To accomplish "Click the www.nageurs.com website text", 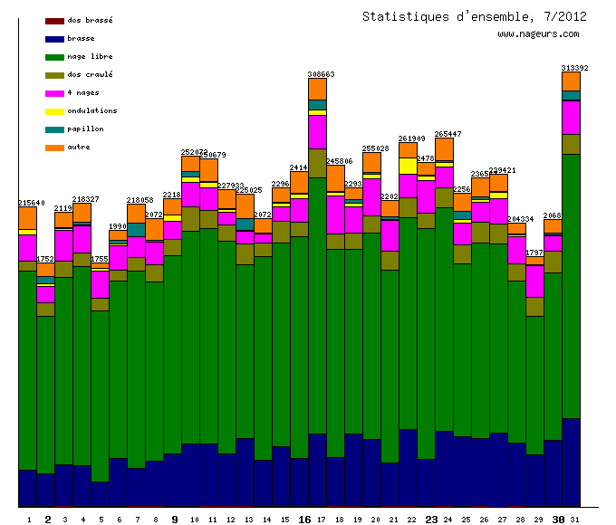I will [x=538, y=34].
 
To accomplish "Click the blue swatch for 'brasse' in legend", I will [x=54, y=39].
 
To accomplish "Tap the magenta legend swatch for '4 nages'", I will [x=54, y=93].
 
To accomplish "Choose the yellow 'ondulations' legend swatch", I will [x=54, y=111].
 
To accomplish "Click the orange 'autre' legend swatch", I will [x=54, y=148].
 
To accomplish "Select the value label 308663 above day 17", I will [x=321, y=74].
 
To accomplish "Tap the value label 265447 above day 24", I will [x=448, y=134].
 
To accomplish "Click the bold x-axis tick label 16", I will [x=304, y=520].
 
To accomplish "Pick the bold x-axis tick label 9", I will [x=174, y=520].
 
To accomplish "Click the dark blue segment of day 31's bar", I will [x=571, y=462].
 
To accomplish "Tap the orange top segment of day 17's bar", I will [x=317, y=89].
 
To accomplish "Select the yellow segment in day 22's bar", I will [x=408, y=166].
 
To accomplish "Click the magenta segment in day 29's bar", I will [x=534, y=281].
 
